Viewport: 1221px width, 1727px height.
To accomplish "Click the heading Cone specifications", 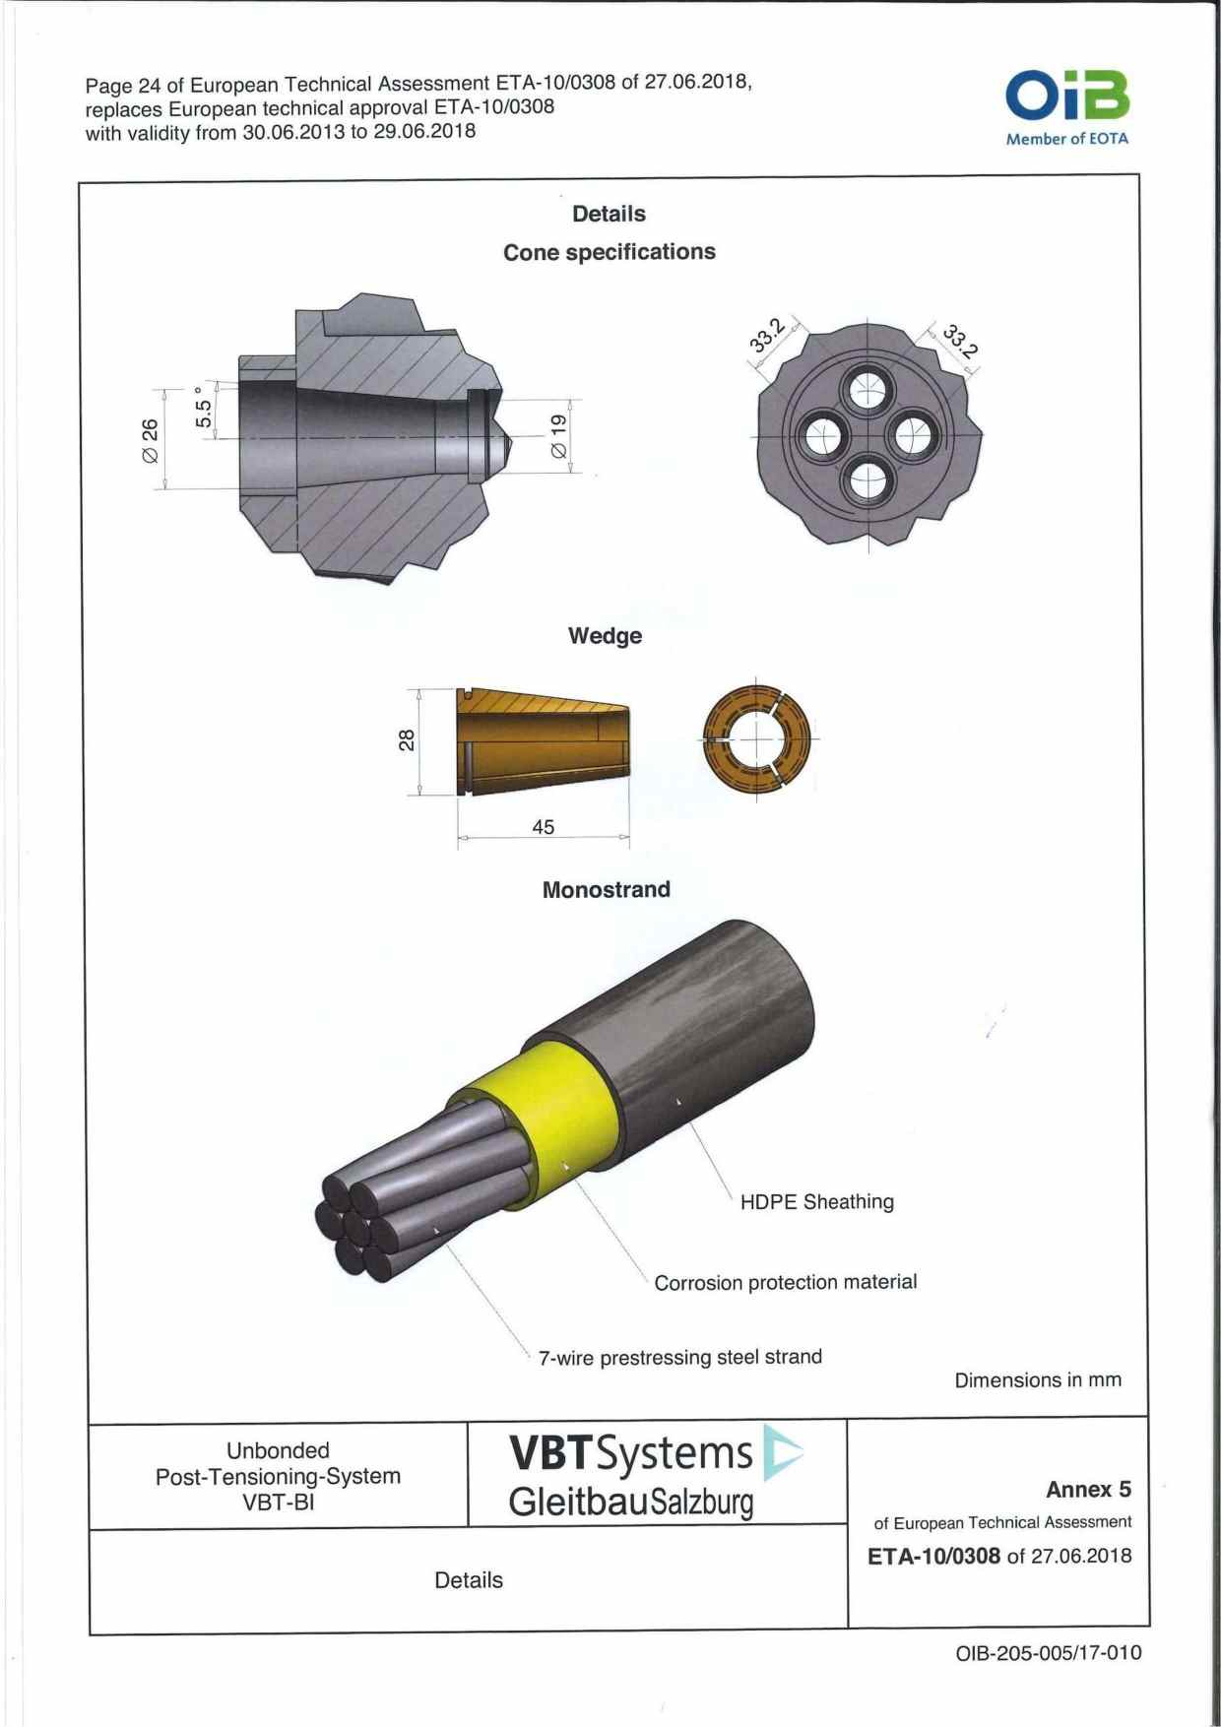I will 609,252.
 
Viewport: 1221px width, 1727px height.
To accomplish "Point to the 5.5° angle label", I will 204,406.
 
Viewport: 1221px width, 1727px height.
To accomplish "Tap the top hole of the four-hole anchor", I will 867,393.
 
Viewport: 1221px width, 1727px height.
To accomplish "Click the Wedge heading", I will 605,636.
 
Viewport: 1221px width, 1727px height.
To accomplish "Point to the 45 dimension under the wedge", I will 543,827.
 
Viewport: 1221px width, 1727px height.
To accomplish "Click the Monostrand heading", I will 606,890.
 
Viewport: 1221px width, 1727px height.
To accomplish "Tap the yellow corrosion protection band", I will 551,1113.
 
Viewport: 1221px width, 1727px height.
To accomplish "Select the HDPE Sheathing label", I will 816,1201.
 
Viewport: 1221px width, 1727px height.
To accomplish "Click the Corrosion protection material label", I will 785,1283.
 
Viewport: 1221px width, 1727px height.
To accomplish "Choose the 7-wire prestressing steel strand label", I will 679,1358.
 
